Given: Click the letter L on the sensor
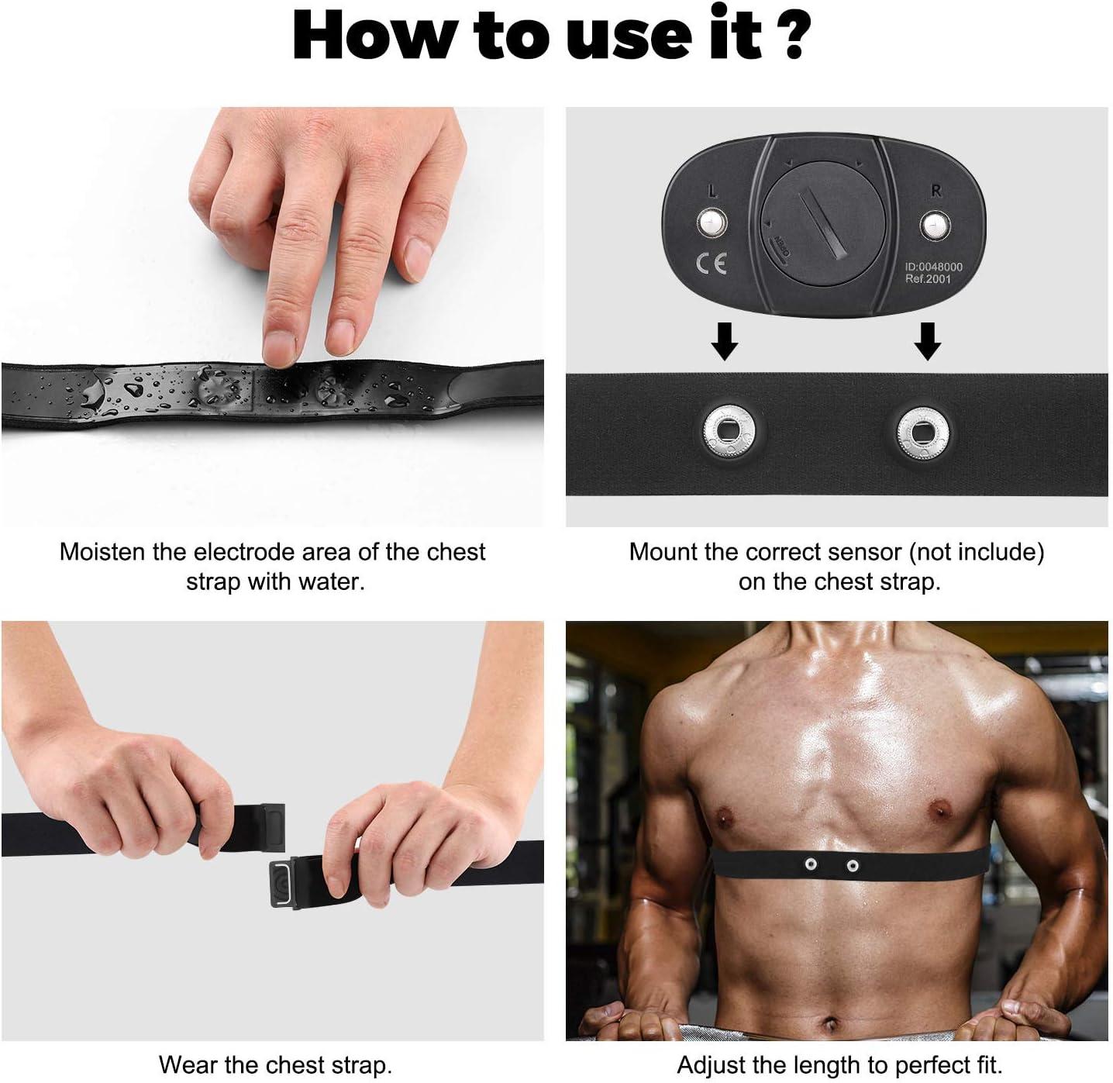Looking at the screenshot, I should pyautogui.click(x=712, y=191).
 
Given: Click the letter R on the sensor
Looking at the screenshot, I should pyautogui.click(x=936, y=191).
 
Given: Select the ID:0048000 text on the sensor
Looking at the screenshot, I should pyautogui.click(x=934, y=267).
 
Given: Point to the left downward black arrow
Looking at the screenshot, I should pyautogui.click(x=725, y=341).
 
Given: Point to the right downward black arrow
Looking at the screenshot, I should pyautogui.click(x=927, y=341).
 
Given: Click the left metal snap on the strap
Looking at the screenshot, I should pyautogui.click(x=727, y=429).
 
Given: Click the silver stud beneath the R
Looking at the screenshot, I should pyautogui.click(x=935, y=226).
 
